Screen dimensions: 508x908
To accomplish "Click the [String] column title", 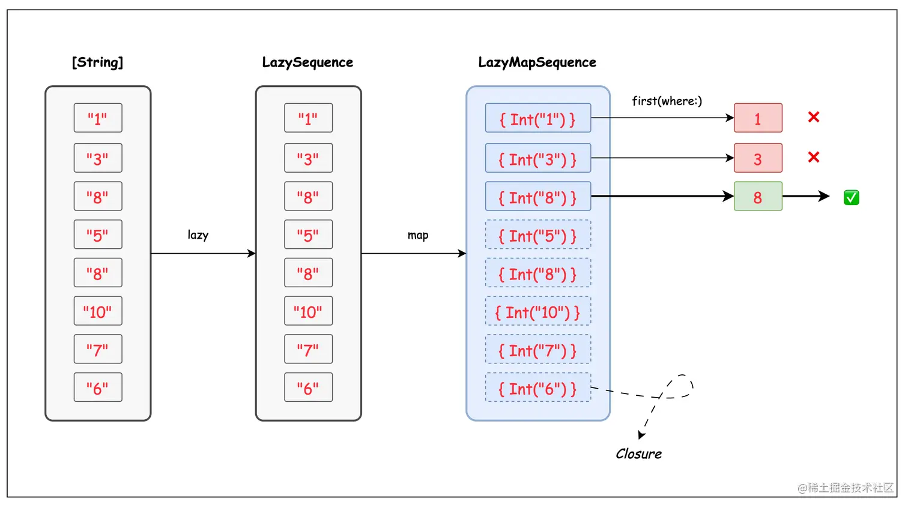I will coord(97,62).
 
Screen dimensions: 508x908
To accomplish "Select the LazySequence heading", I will coord(307,62).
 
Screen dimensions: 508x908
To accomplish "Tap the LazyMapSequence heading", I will coord(537,62).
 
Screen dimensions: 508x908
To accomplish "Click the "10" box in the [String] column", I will coord(98,311).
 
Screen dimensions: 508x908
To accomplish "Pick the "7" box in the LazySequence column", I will coord(308,349).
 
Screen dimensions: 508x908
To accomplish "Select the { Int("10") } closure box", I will coord(537,312).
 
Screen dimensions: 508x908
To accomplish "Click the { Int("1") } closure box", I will coord(537,118).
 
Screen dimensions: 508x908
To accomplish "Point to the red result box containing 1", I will coord(758,118).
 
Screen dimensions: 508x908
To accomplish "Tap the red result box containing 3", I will coord(758,158).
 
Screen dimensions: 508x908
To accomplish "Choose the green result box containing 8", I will coord(758,197).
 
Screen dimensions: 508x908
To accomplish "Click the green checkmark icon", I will coord(851,197).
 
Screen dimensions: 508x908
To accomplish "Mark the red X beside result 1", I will coord(814,117).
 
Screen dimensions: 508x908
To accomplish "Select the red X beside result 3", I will coord(814,157).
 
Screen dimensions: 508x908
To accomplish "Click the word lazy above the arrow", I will coord(198,235).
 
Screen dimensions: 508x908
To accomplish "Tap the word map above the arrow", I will coord(418,235).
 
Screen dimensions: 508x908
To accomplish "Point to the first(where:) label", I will coord(667,101).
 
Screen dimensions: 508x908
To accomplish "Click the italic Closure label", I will coord(638,454).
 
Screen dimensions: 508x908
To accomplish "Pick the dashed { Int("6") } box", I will coord(537,388).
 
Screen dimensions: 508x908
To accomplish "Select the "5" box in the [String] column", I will coord(98,235).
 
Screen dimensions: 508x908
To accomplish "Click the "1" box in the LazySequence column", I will coord(308,118).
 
